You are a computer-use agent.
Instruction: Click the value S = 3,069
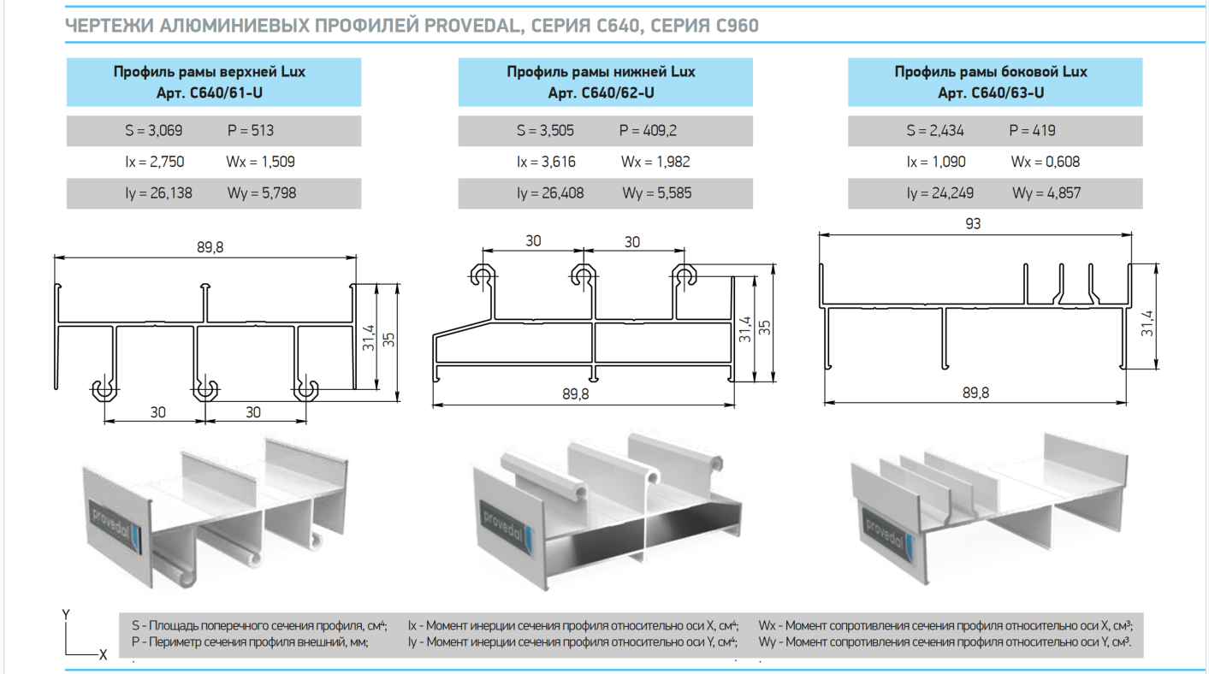pyautogui.click(x=153, y=131)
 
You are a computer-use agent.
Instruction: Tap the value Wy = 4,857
pyautogui.click(x=1046, y=193)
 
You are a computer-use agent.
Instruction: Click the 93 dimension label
pyautogui.click(x=973, y=224)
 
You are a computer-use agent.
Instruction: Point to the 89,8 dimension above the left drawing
pyautogui.click(x=204, y=247)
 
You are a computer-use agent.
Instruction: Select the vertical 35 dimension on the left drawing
pyautogui.click(x=389, y=340)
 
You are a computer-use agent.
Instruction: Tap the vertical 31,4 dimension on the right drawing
pyautogui.click(x=1147, y=323)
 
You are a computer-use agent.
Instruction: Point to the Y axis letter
pyautogui.click(x=66, y=614)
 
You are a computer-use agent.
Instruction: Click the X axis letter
pyautogui.click(x=103, y=654)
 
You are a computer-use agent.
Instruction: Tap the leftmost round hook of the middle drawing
pyautogui.click(x=483, y=275)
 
